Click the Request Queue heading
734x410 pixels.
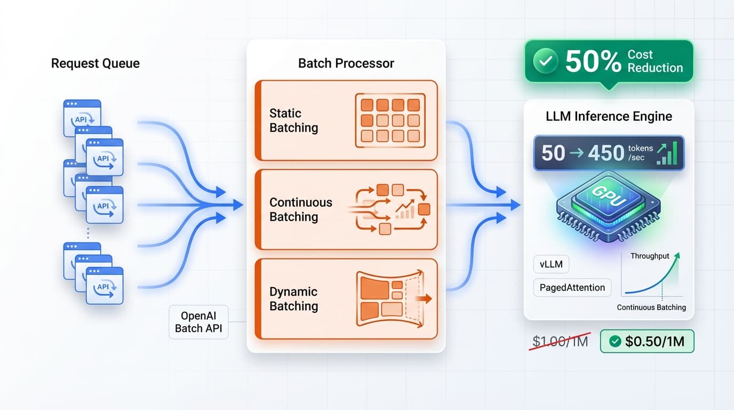pyautogui.click(x=95, y=64)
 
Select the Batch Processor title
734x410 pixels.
pyautogui.click(x=346, y=64)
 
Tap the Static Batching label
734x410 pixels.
pyautogui.click(x=293, y=121)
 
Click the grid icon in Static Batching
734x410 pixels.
pyautogui.click(x=390, y=121)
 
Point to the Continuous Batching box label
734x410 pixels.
pyautogui.click(x=300, y=210)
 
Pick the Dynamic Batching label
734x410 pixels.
pyautogui.click(x=293, y=299)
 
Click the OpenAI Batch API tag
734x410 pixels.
pyautogui.click(x=198, y=322)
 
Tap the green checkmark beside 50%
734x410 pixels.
pyautogui.click(x=545, y=62)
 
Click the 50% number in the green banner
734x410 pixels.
pyautogui.click(x=593, y=62)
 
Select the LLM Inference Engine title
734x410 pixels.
pyautogui.click(x=609, y=116)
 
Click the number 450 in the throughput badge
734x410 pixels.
pyautogui.click(x=605, y=153)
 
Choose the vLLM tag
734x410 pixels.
pyautogui.click(x=551, y=264)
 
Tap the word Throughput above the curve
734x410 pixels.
pyautogui.click(x=650, y=256)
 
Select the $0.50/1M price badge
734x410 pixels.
pyautogui.click(x=647, y=342)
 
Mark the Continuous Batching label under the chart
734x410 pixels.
pyautogui.click(x=651, y=307)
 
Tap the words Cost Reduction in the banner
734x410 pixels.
pyautogui.click(x=655, y=61)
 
